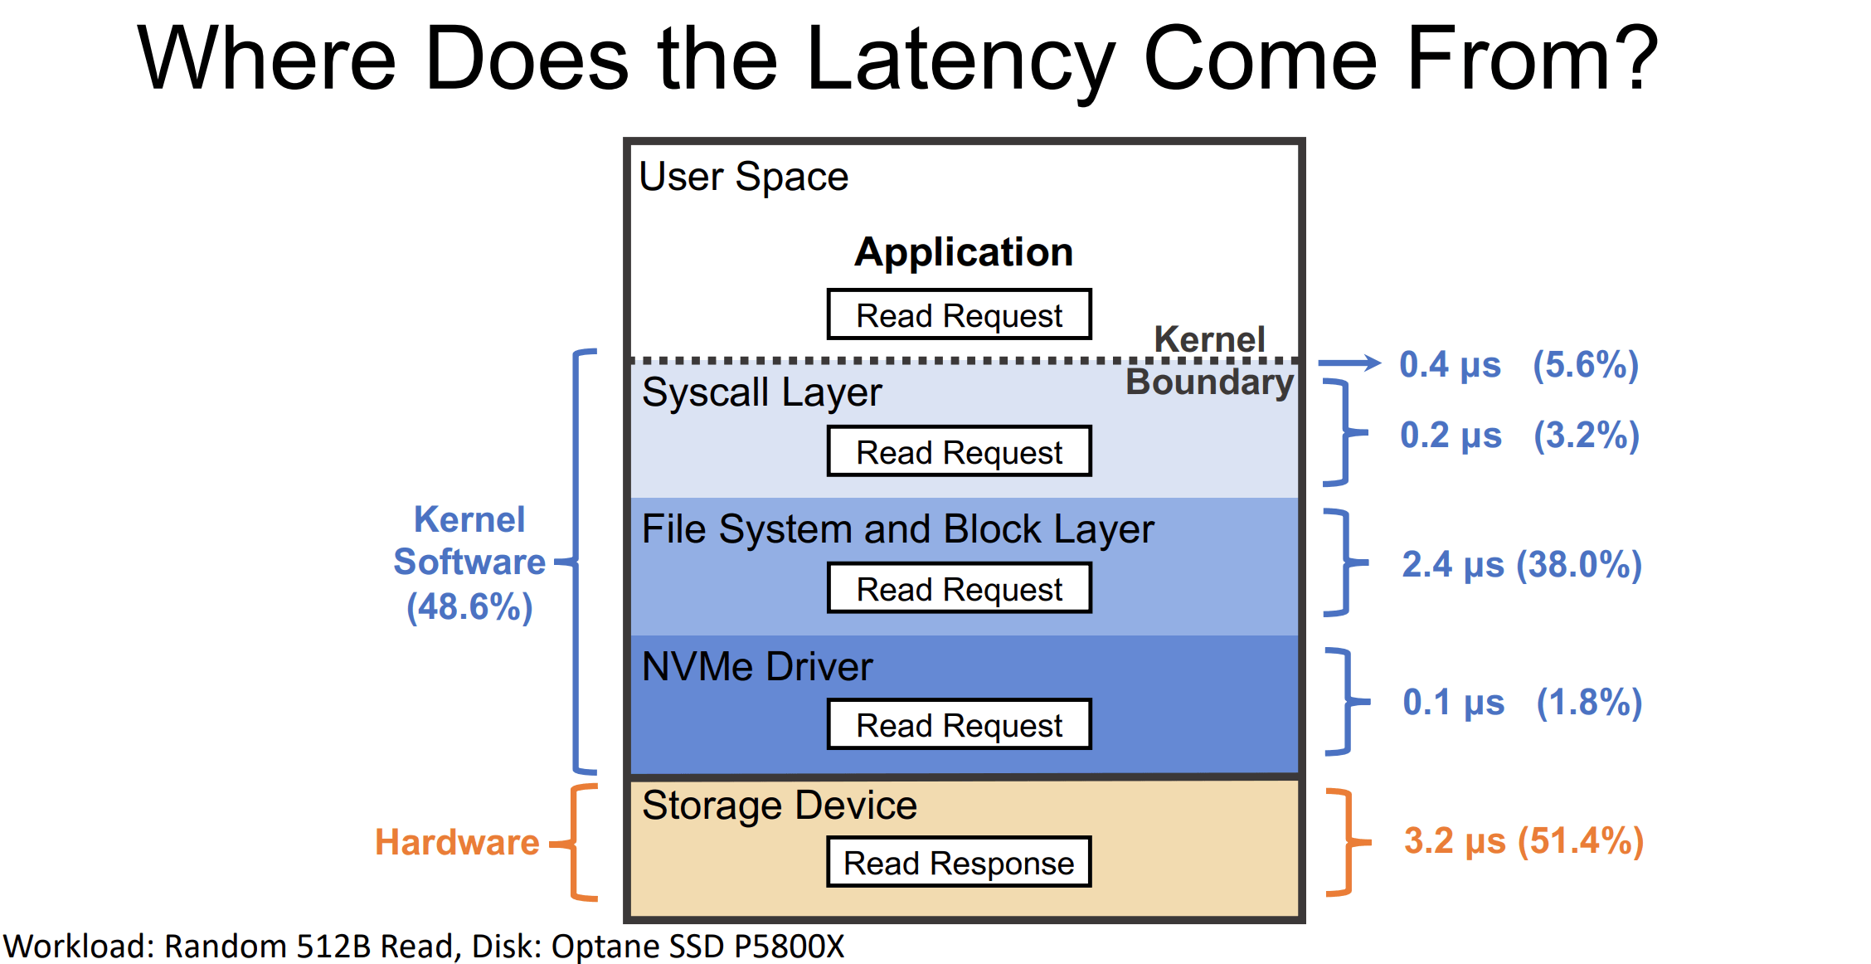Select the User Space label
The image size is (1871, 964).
(743, 177)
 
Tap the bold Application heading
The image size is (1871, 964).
(963, 251)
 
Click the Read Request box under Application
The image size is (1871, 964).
(959, 314)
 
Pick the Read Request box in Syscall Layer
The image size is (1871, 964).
(959, 451)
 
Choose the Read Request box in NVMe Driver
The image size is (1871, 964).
(959, 724)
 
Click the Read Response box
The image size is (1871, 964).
(959, 862)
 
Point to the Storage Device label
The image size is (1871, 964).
(779, 805)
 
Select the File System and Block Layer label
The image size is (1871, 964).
(897, 529)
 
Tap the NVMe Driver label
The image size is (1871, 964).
(756, 666)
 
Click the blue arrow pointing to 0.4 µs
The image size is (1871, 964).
(1349, 363)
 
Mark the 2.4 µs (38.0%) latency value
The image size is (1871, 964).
(1521, 565)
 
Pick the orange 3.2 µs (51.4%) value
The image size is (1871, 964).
(1523, 840)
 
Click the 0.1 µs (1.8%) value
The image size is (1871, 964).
(1521, 702)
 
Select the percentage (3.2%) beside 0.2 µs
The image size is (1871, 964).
(1586, 436)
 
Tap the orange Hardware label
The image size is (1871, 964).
(457, 842)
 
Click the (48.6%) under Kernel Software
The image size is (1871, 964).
(469, 606)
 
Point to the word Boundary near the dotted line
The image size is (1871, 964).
(1208, 382)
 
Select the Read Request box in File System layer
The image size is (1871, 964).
(959, 588)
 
